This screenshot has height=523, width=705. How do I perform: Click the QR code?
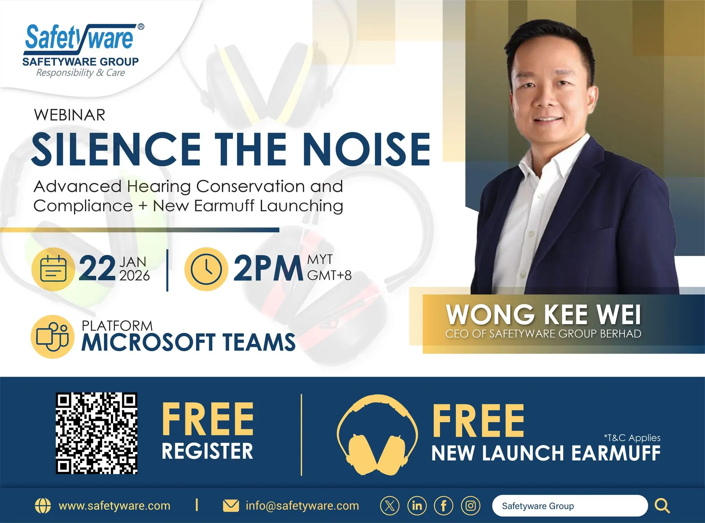click(x=97, y=433)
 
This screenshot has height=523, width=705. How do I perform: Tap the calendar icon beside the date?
click(x=54, y=269)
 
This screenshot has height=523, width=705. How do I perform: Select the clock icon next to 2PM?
click(x=206, y=269)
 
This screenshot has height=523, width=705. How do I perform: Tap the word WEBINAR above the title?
click(x=70, y=115)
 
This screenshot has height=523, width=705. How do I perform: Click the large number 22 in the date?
click(x=97, y=269)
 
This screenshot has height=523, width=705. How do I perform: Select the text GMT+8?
click(x=329, y=275)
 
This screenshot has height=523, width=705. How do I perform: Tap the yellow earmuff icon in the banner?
click(x=377, y=435)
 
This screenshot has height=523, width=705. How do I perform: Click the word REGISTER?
click(x=207, y=451)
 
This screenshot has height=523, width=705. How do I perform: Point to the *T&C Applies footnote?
click(x=632, y=438)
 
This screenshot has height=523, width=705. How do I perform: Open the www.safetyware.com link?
click(x=115, y=506)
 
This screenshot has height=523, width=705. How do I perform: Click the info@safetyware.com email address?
click(x=302, y=506)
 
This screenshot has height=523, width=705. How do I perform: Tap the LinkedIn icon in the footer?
click(x=417, y=506)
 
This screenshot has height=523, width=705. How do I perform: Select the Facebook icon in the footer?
click(x=444, y=506)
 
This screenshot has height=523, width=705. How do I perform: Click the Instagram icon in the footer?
click(x=471, y=506)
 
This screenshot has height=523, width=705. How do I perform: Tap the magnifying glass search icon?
click(x=662, y=506)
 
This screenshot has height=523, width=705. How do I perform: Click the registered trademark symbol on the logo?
click(x=141, y=26)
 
